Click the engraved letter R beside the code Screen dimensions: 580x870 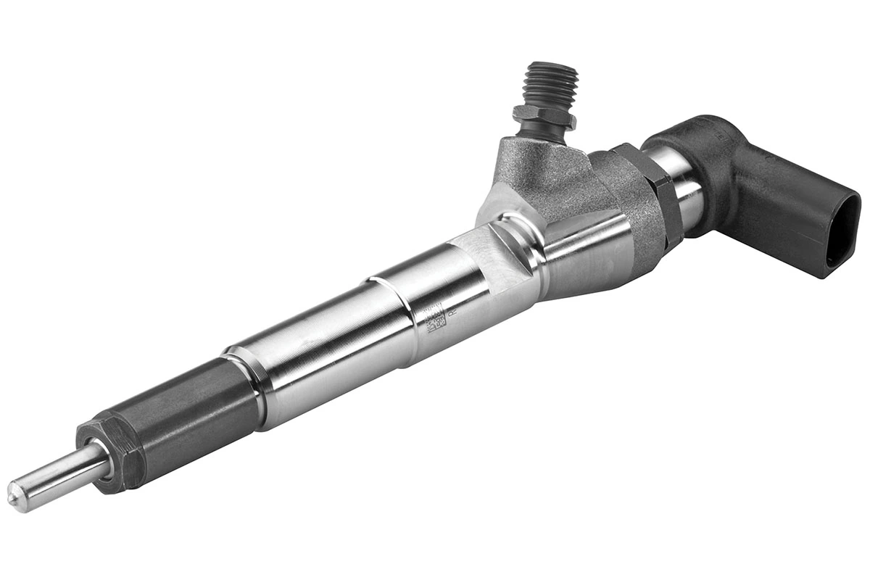(451, 312)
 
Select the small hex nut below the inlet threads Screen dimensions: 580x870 (544, 116)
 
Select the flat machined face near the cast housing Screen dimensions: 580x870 (500, 254)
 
